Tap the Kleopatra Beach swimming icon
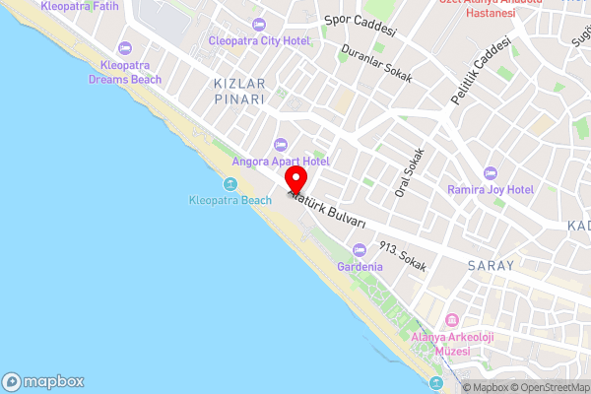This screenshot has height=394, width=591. click(x=230, y=184)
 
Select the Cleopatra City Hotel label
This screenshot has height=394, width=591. click(x=259, y=40)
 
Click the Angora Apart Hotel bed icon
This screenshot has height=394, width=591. click(x=281, y=145)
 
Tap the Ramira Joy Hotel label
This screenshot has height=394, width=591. click(x=490, y=189)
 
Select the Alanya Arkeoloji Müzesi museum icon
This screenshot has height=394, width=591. click(x=452, y=321)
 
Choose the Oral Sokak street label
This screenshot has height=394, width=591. click(x=409, y=172)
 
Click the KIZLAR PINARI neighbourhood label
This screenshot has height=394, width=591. click(x=239, y=93)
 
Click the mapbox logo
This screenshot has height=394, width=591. click(x=42, y=382)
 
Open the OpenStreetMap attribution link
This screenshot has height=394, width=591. click(x=548, y=387)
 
